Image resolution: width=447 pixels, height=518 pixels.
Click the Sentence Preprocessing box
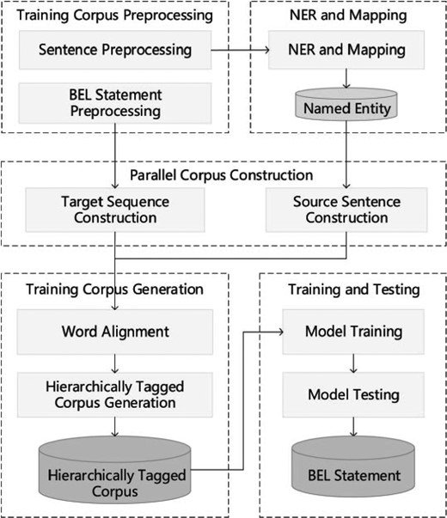coord(115,49)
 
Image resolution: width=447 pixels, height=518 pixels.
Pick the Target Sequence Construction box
coord(115,209)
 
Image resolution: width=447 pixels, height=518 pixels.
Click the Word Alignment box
coord(115,332)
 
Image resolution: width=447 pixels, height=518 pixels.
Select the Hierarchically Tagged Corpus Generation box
coord(115,393)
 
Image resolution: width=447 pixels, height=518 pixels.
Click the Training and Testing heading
coord(352,290)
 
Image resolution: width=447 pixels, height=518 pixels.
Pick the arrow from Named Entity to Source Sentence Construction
coord(346,155)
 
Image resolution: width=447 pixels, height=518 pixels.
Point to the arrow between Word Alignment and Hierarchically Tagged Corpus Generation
coord(115,362)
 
